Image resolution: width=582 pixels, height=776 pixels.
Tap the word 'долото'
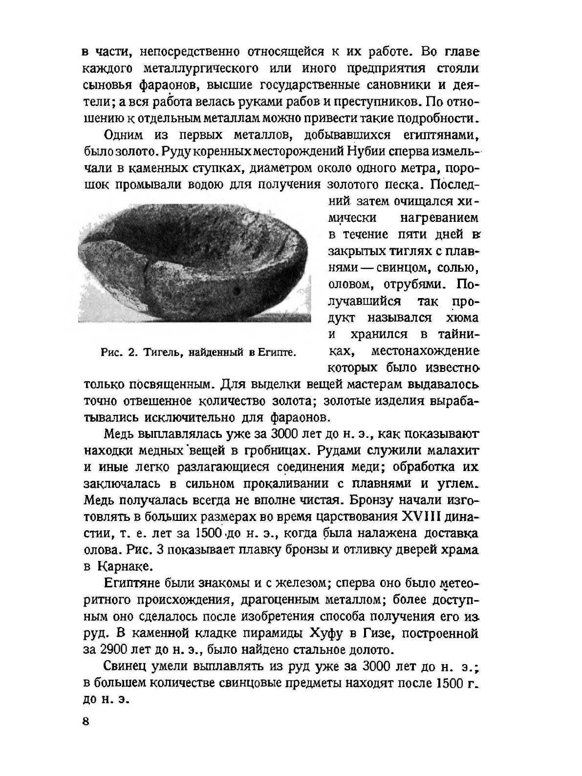[x=370, y=650]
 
